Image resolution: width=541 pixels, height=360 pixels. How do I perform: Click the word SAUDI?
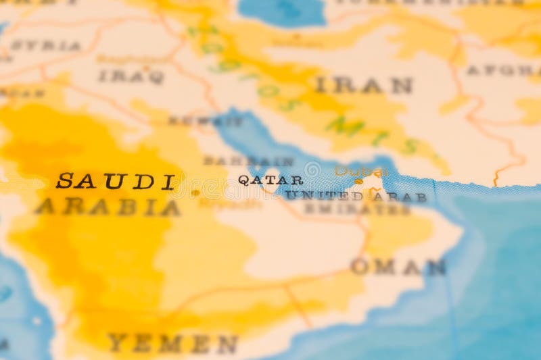(116, 182)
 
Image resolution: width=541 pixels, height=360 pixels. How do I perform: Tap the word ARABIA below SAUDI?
(108, 207)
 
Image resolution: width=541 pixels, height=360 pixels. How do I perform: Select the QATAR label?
(270, 180)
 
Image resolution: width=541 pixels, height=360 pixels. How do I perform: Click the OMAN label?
(398, 267)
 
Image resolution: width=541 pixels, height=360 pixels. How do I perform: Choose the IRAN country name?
(363, 86)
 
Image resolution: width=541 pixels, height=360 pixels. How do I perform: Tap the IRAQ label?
(131, 76)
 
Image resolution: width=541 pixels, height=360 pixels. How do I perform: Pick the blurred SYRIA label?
(45, 46)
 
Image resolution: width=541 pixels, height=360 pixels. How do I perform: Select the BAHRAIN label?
(248, 161)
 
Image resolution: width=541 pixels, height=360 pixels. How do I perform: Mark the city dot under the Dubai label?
(359, 181)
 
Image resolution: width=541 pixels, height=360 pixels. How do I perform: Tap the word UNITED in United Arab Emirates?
(324, 196)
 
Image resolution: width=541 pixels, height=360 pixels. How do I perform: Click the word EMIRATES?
(356, 209)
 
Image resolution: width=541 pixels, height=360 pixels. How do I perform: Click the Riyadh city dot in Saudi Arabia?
(195, 193)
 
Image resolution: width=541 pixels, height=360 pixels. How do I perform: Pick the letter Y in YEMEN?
(116, 343)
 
